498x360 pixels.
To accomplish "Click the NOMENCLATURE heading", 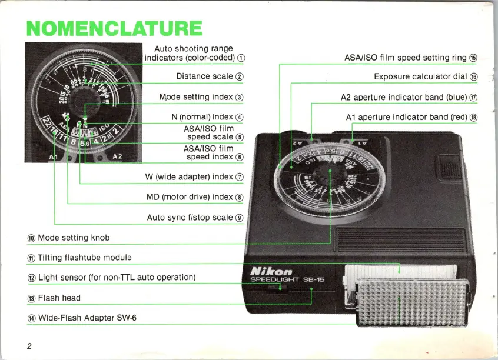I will coord(115,28).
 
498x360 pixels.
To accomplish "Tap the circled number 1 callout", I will coord(241,58).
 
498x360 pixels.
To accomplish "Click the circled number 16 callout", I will coord(474,77).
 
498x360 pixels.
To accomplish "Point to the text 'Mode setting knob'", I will coord(74,238).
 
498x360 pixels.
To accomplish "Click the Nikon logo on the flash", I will coord(271,271).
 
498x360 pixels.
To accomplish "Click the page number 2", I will coord(29,345).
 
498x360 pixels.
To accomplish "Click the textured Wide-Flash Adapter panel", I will coord(400,304).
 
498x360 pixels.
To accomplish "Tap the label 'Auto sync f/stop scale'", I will coord(190,218).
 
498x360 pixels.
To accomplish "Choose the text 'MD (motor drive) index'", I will coord(190,197).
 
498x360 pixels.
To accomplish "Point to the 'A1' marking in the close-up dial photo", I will coord(53,157).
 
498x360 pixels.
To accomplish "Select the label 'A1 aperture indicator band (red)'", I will coord(407,117).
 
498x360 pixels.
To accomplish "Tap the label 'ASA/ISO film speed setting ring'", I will coord(406,58).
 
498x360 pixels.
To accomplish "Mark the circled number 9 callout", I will coord(240,218).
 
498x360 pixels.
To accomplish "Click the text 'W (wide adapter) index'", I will coord(189,176).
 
